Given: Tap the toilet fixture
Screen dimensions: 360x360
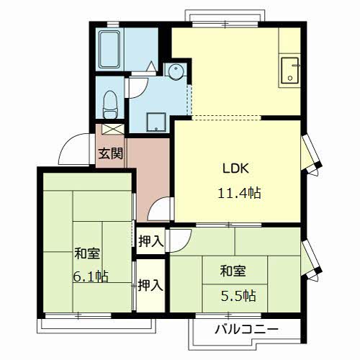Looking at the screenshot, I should pyautogui.click(x=109, y=105).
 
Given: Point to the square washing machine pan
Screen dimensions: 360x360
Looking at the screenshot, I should pyautogui.click(x=156, y=122).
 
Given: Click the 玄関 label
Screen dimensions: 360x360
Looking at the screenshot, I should pyautogui.click(x=110, y=153).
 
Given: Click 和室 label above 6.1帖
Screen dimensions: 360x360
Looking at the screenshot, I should pyautogui.click(x=87, y=253).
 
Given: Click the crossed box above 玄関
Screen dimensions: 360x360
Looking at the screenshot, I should pyautogui.click(x=112, y=130).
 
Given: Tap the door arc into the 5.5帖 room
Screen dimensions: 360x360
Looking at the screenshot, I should pyautogui.click(x=180, y=238).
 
